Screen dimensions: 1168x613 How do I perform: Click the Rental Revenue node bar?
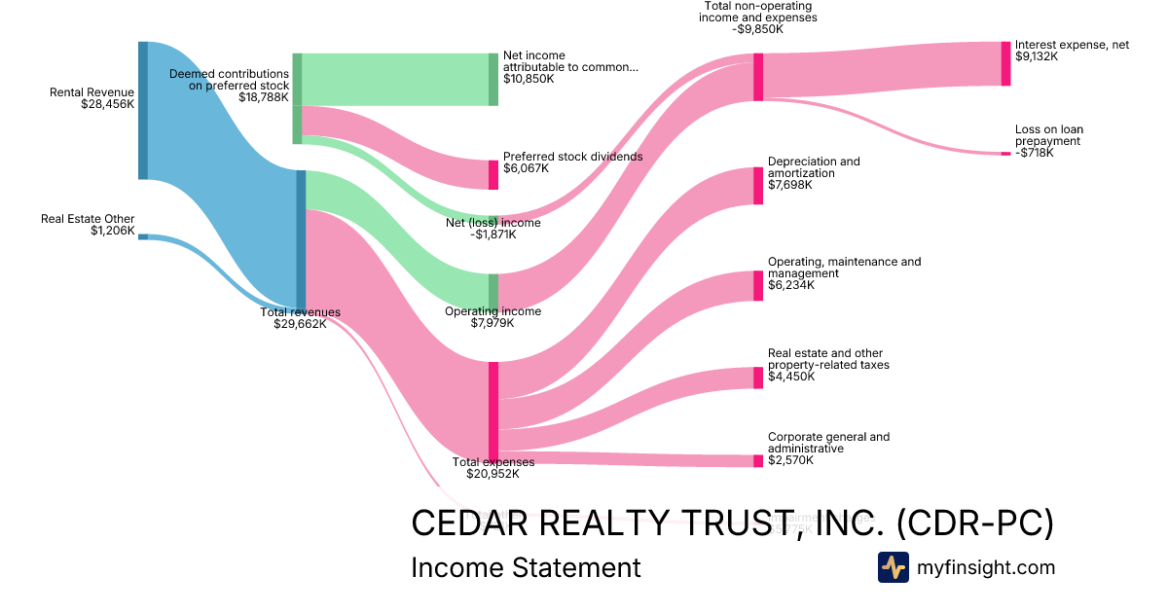pos(143,110)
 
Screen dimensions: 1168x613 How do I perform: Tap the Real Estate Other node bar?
pos(143,236)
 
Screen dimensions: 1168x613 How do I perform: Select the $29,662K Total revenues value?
pos(300,325)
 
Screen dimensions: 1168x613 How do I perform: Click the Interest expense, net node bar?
pos(1006,63)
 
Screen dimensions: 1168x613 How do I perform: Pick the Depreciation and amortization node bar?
pos(758,186)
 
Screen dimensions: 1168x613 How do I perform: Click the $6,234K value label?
pos(791,286)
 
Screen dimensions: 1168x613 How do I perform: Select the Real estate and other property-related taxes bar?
pos(758,378)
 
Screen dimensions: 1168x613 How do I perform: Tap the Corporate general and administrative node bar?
pos(758,461)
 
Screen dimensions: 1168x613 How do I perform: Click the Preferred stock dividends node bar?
pos(493,175)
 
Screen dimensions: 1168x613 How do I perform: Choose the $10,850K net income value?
pos(529,79)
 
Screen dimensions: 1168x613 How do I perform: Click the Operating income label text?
pos(493,311)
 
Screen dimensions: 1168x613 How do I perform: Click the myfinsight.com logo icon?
pos(893,567)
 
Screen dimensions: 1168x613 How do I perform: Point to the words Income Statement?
pos(526,567)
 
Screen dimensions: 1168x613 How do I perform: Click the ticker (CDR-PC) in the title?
pos(974,523)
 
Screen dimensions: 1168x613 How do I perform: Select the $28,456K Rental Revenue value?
pos(108,105)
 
